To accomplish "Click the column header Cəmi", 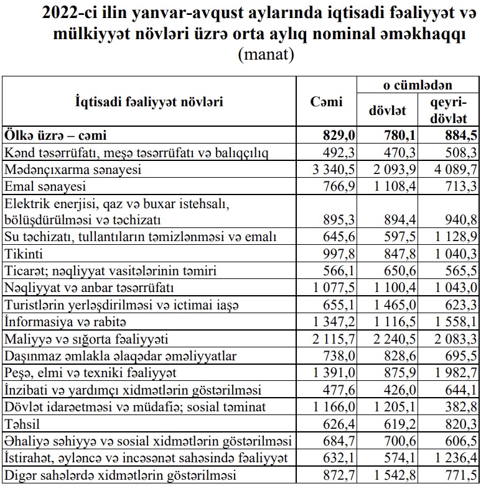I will [326, 103].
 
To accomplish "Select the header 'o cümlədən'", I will [418, 85].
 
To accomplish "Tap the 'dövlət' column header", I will [387, 111].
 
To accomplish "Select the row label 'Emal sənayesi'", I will [45, 186].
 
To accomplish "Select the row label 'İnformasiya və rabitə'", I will [65, 322].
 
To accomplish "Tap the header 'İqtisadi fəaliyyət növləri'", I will [149, 103].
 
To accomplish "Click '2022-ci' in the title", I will [68, 14].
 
